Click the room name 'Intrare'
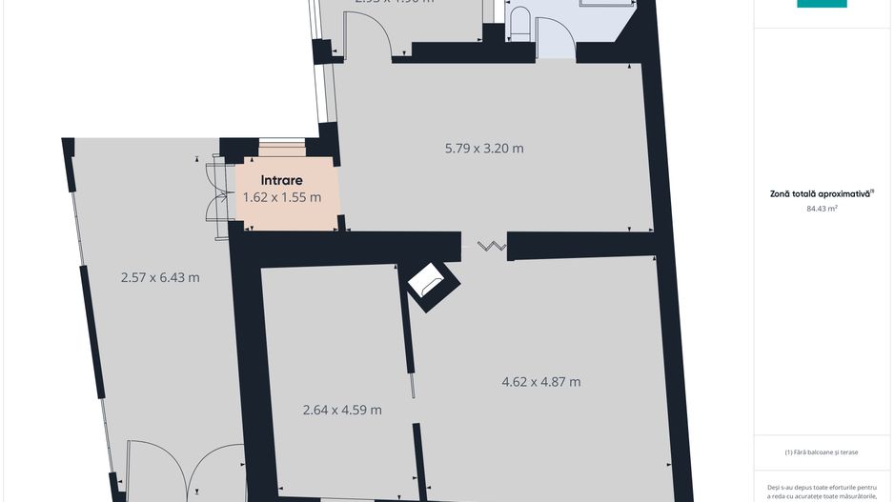click(x=282, y=179)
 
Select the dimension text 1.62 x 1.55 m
click(x=282, y=197)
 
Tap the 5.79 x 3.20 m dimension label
click(x=484, y=148)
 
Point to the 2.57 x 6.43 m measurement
click(x=160, y=277)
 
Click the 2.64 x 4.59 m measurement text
click(x=342, y=410)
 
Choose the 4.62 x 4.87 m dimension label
click(x=541, y=382)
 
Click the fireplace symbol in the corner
click(x=433, y=283)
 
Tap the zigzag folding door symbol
click(x=491, y=247)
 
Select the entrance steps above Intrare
click(x=281, y=149)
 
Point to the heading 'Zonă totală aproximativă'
click(x=822, y=193)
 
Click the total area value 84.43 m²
click(x=822, y=208)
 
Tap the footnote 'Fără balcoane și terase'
click(x=823, y=452)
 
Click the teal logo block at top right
click(x=822, y=4)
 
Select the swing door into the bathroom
click(x=554, y=40)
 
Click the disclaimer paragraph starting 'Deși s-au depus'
click(x=823, y=491)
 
